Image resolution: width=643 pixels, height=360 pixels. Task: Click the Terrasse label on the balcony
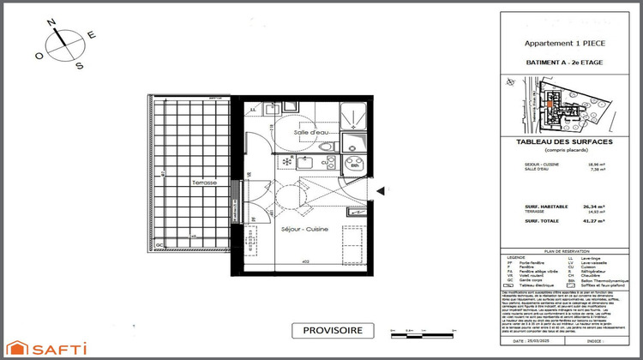[204, 183]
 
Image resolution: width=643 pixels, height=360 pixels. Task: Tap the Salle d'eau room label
[309, 133]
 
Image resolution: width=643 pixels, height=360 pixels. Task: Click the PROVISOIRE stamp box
[333, 330]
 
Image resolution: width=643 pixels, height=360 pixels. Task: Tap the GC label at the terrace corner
[159, 244]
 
